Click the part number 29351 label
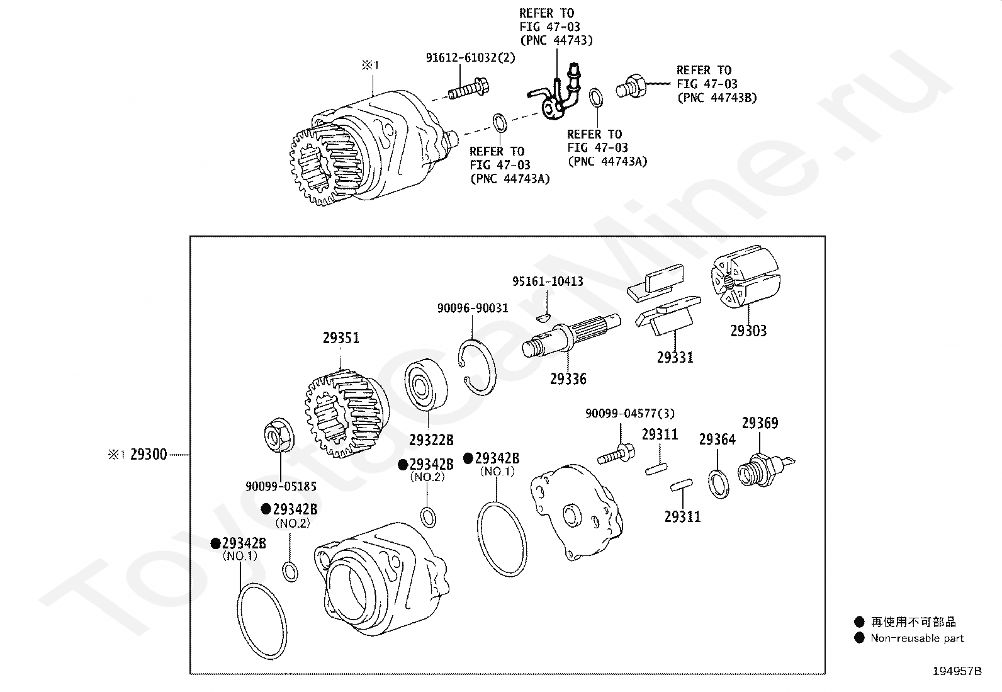point(341,338)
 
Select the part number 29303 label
point(748,331)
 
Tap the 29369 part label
point(760,423)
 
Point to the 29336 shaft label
point(568,378)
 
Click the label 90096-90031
point(472,308)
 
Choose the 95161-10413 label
point(547,281)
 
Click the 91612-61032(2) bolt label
point(470,57)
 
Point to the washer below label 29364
point(719,482)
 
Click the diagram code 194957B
point(957,671)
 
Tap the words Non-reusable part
point(916,638)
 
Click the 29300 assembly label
point(149,455)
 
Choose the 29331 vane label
point(675,357)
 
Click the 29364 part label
point(717,440)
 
